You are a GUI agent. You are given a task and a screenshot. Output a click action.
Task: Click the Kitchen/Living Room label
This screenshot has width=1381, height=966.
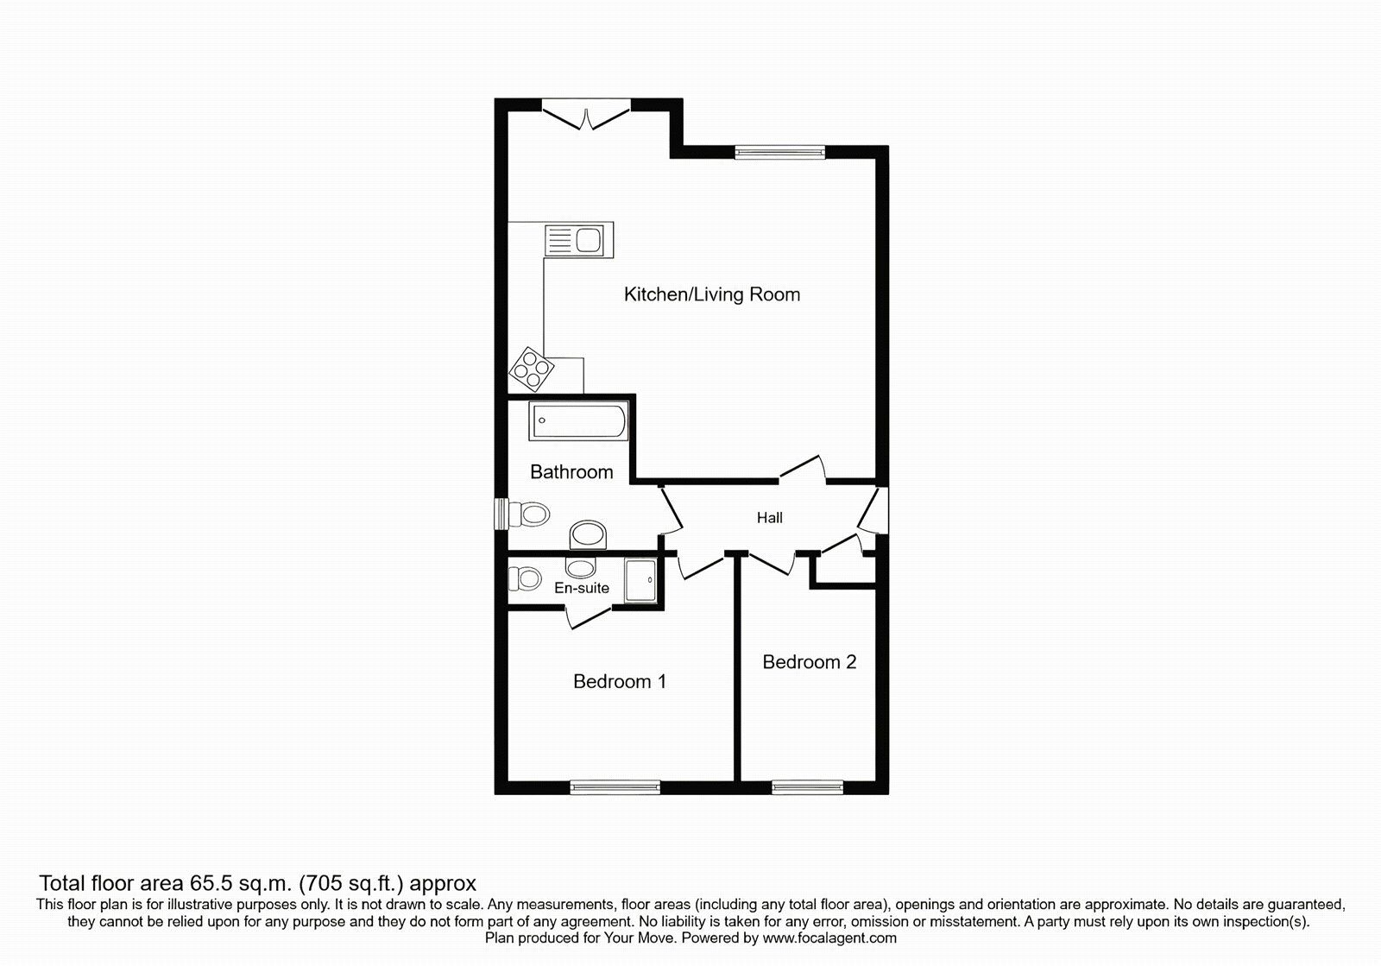pos(711,294)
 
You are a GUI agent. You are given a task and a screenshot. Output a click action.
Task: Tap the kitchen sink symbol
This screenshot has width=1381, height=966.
pos(578,239)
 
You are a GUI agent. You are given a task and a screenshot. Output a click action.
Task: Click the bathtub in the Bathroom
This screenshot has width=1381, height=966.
pos(579,423)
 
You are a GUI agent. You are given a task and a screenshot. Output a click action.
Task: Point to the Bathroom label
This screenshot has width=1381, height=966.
pos(571,472)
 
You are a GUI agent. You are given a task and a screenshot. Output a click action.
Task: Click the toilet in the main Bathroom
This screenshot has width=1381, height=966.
pos(530,515)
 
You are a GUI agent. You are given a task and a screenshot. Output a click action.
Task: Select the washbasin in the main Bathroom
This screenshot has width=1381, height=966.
pos(589,534)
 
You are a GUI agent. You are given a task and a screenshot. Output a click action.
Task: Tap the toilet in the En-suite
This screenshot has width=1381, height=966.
pos(525,577)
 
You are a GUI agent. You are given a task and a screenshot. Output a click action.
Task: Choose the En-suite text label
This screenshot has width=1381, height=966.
pos(582,588)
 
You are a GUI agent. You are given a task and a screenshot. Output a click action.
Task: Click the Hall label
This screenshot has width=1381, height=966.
pos(769,518)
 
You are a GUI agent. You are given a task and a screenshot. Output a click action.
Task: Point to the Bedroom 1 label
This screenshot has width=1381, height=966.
pos(620,682)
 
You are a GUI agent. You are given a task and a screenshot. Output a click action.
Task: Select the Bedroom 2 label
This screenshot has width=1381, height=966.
pos(809,662)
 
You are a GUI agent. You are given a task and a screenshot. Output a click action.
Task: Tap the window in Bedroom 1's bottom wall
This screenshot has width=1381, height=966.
pos(615,786)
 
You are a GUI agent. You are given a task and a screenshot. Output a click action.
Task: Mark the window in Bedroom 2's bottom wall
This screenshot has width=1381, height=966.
pos(807,786)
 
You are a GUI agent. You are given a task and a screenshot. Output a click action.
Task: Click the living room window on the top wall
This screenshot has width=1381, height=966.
pos(779,153)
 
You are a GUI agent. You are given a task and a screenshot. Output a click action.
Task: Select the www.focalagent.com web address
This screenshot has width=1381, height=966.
pos(829,938)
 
